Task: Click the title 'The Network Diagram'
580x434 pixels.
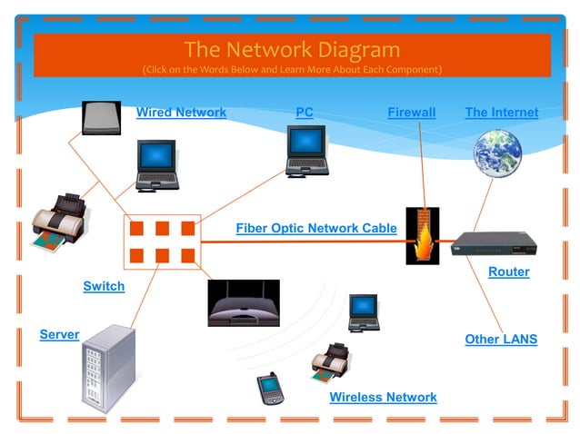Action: [291, 49]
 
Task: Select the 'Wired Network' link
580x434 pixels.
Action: [181, 113]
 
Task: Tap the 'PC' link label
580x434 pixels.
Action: [305, 113]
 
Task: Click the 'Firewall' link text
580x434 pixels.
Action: [411, 113]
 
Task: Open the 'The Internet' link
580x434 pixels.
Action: [501, 113]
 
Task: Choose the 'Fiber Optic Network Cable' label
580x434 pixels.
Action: [315, 228]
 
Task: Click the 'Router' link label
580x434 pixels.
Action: [508, 271]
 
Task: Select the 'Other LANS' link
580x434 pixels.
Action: [501, 340]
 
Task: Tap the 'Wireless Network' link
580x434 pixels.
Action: [383, 397]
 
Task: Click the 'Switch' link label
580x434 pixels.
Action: [104, 286]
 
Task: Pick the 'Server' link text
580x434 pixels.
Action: [59, 334]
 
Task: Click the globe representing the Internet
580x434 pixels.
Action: [497, 152]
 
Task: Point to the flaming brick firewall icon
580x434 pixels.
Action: [422, 236]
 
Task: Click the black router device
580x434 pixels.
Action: [495, 243]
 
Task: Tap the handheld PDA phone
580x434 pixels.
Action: [269, 389]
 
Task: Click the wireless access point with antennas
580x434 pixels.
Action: [244, 303]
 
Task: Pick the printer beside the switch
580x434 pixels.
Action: [59, 222]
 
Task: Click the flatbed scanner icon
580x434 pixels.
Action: [101, 118]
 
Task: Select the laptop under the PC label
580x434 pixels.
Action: [306, 151]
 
